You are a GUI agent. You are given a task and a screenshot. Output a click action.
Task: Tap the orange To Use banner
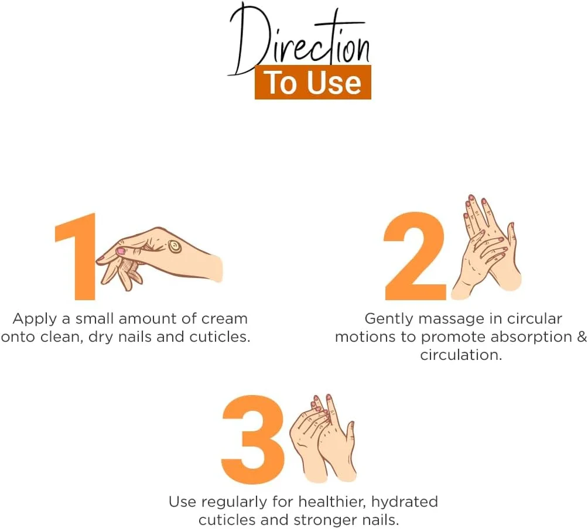pos(313,83)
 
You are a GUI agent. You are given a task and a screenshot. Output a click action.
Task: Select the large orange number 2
pos(415,257)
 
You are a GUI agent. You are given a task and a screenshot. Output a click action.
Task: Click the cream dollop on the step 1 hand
pos(175,246)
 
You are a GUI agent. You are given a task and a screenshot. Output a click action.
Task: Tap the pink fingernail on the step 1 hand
pos(121,251)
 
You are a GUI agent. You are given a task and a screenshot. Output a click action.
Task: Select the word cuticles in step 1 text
pos(220,337)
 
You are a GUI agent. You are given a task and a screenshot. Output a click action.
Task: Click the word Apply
pos(36,320)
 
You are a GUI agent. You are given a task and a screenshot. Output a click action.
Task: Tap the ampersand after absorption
pos(582,336)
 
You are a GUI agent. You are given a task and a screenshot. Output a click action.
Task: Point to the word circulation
pos(461,355)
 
